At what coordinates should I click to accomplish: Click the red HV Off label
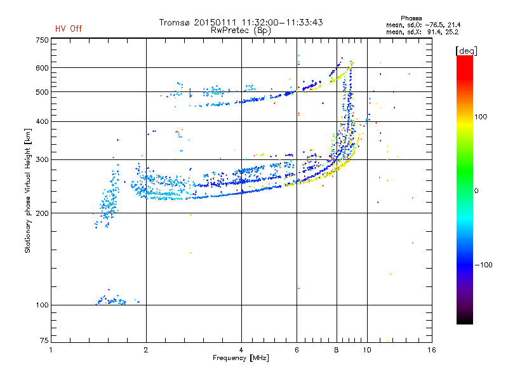[68, 29]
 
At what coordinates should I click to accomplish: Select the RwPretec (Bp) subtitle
[241, 30]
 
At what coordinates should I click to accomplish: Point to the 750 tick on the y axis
[42, 40]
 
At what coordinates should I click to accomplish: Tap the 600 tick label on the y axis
[42, 68]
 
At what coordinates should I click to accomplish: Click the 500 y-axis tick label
[42, 92]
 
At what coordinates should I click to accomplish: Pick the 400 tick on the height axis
[42, 121]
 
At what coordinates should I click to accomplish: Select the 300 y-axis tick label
[42, 159]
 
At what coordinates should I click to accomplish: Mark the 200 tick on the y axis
[42, 213]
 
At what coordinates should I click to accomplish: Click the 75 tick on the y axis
[44, 341]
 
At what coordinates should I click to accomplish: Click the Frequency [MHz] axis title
[241, 359]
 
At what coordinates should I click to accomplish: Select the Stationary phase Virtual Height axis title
[28, 190]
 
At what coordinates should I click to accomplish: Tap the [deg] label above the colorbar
[467, 50]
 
